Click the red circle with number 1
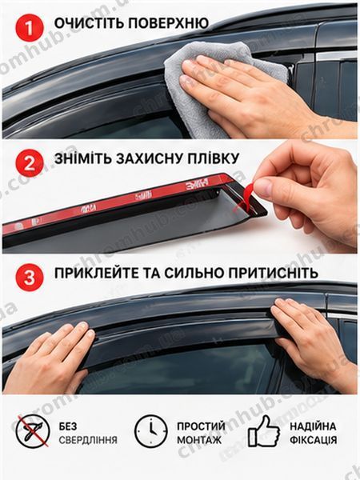(x=30, y=27)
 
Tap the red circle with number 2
(x=30, y=163)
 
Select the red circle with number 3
(x=30, y=278)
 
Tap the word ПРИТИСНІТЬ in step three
(x=274, y=273)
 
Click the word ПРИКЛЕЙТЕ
(x=95, y=273)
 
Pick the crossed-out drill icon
(x=33, y=431)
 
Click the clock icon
(x=151, y=431)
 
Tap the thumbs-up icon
(x=264, y=431)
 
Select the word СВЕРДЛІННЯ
(x=88, y=440)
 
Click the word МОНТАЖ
(x=199, y=440)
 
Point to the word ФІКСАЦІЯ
(x=313, y=440)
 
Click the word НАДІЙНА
(x=313, y=426)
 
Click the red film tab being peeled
(x=246, y=196)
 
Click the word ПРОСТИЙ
(x=201, y=426)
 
